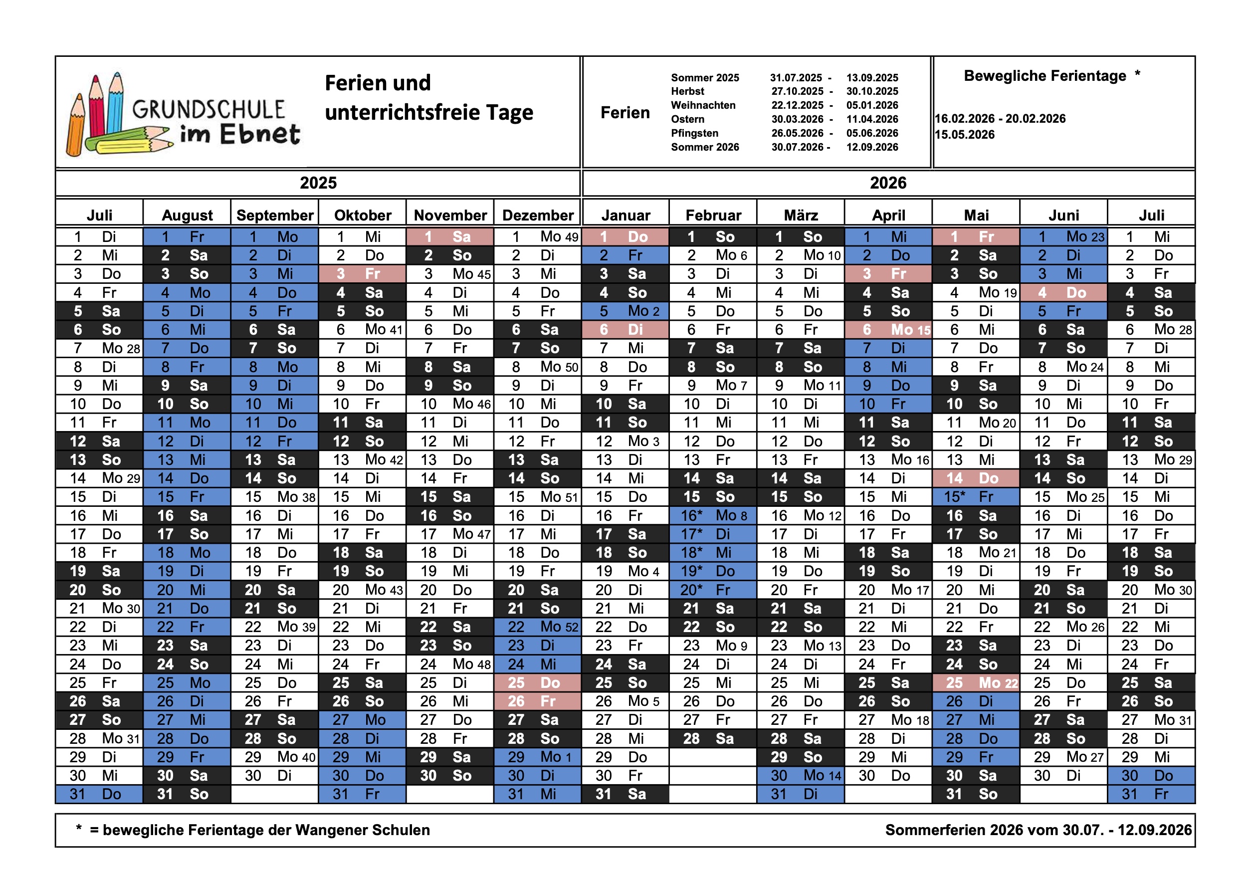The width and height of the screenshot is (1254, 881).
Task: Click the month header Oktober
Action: tap(363, 215)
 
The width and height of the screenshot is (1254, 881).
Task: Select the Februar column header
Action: tap(713, 215)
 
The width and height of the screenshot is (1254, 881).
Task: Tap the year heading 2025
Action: tap(318, 183)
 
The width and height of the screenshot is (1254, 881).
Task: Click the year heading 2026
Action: tap(888, 183)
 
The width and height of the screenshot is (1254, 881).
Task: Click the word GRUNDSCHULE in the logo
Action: tap(208, 110)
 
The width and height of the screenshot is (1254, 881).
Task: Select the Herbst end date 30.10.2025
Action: tap(872, 91)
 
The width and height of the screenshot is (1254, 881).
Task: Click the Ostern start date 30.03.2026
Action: tap(797, 119)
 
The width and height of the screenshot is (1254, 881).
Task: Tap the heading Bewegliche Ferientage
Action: tap(1045, 76)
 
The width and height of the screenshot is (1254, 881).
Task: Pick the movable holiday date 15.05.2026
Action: tap(965, 134)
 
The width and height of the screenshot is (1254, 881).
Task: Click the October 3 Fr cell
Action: tap(362, 274)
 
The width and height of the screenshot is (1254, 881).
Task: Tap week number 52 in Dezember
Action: tap(571, 627)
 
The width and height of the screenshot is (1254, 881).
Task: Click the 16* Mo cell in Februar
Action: tap(713, 516)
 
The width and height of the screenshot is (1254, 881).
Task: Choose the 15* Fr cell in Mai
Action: tap(976, 497)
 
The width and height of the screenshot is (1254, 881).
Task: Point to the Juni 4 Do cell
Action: tap(1063, 293)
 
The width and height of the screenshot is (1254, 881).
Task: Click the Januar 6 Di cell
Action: tap(626, 330)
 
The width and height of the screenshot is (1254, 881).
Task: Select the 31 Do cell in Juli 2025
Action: tap(99, 794)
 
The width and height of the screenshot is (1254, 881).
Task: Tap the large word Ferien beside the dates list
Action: tap(626, 113)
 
